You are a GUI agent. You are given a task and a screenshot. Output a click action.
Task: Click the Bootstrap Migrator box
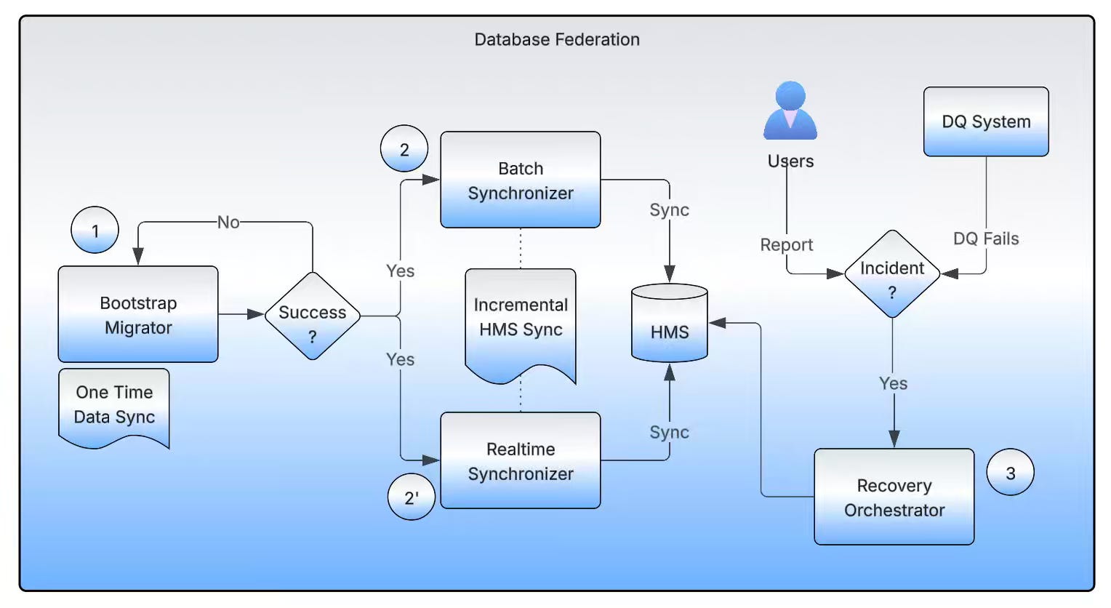pyautogui.click(x=138, y=314)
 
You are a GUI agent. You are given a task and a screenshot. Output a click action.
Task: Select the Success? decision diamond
pyautogui.click(x=313, y=316)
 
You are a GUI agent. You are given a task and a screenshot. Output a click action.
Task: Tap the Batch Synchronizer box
pyautogui.click(x=521, y=180)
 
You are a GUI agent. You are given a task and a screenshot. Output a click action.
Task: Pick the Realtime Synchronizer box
pyautogui.click(x=521, y=460)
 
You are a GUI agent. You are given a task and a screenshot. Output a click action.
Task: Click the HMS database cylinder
pyautogui.click(x=670, y=324)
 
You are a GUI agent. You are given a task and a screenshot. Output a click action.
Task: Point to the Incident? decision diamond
pyautogui.click(x=892, y=274)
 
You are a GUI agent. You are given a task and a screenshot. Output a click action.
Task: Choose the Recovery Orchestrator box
pyautogui.click(x=894, y=497)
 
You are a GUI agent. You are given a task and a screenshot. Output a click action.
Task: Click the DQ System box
pyautogui.click(x=986, y=121)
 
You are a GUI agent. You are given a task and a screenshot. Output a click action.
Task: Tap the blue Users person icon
pyautogui.click(x=790, y=111)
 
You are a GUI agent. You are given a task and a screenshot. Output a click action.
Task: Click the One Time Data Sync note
pyautogui.click(x=114, y=406)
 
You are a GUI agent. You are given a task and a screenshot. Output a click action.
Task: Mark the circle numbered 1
pyautogui.click(x=95, y=231)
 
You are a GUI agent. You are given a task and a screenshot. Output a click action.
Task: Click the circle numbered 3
pyautogui.click(x=1010, y=473)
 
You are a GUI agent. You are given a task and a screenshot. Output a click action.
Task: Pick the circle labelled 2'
pyautogui.click(x=412, y=497)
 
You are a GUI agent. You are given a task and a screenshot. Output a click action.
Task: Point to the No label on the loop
pyautogui.click(x=228, y=223)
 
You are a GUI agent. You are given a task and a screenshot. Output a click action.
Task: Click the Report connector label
pyautogui.click(x=787, y=245)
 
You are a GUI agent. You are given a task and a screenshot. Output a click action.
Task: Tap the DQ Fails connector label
pyautogui.click(x=986, y=239)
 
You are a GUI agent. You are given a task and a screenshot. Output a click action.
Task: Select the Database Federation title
pyautogui.click(x=557, y=39)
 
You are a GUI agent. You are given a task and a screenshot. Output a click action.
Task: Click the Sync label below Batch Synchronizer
pyautogui.click(x=669, y=210)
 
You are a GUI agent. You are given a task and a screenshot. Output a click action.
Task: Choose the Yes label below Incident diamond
pyautogui.click(x=893, y=383)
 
